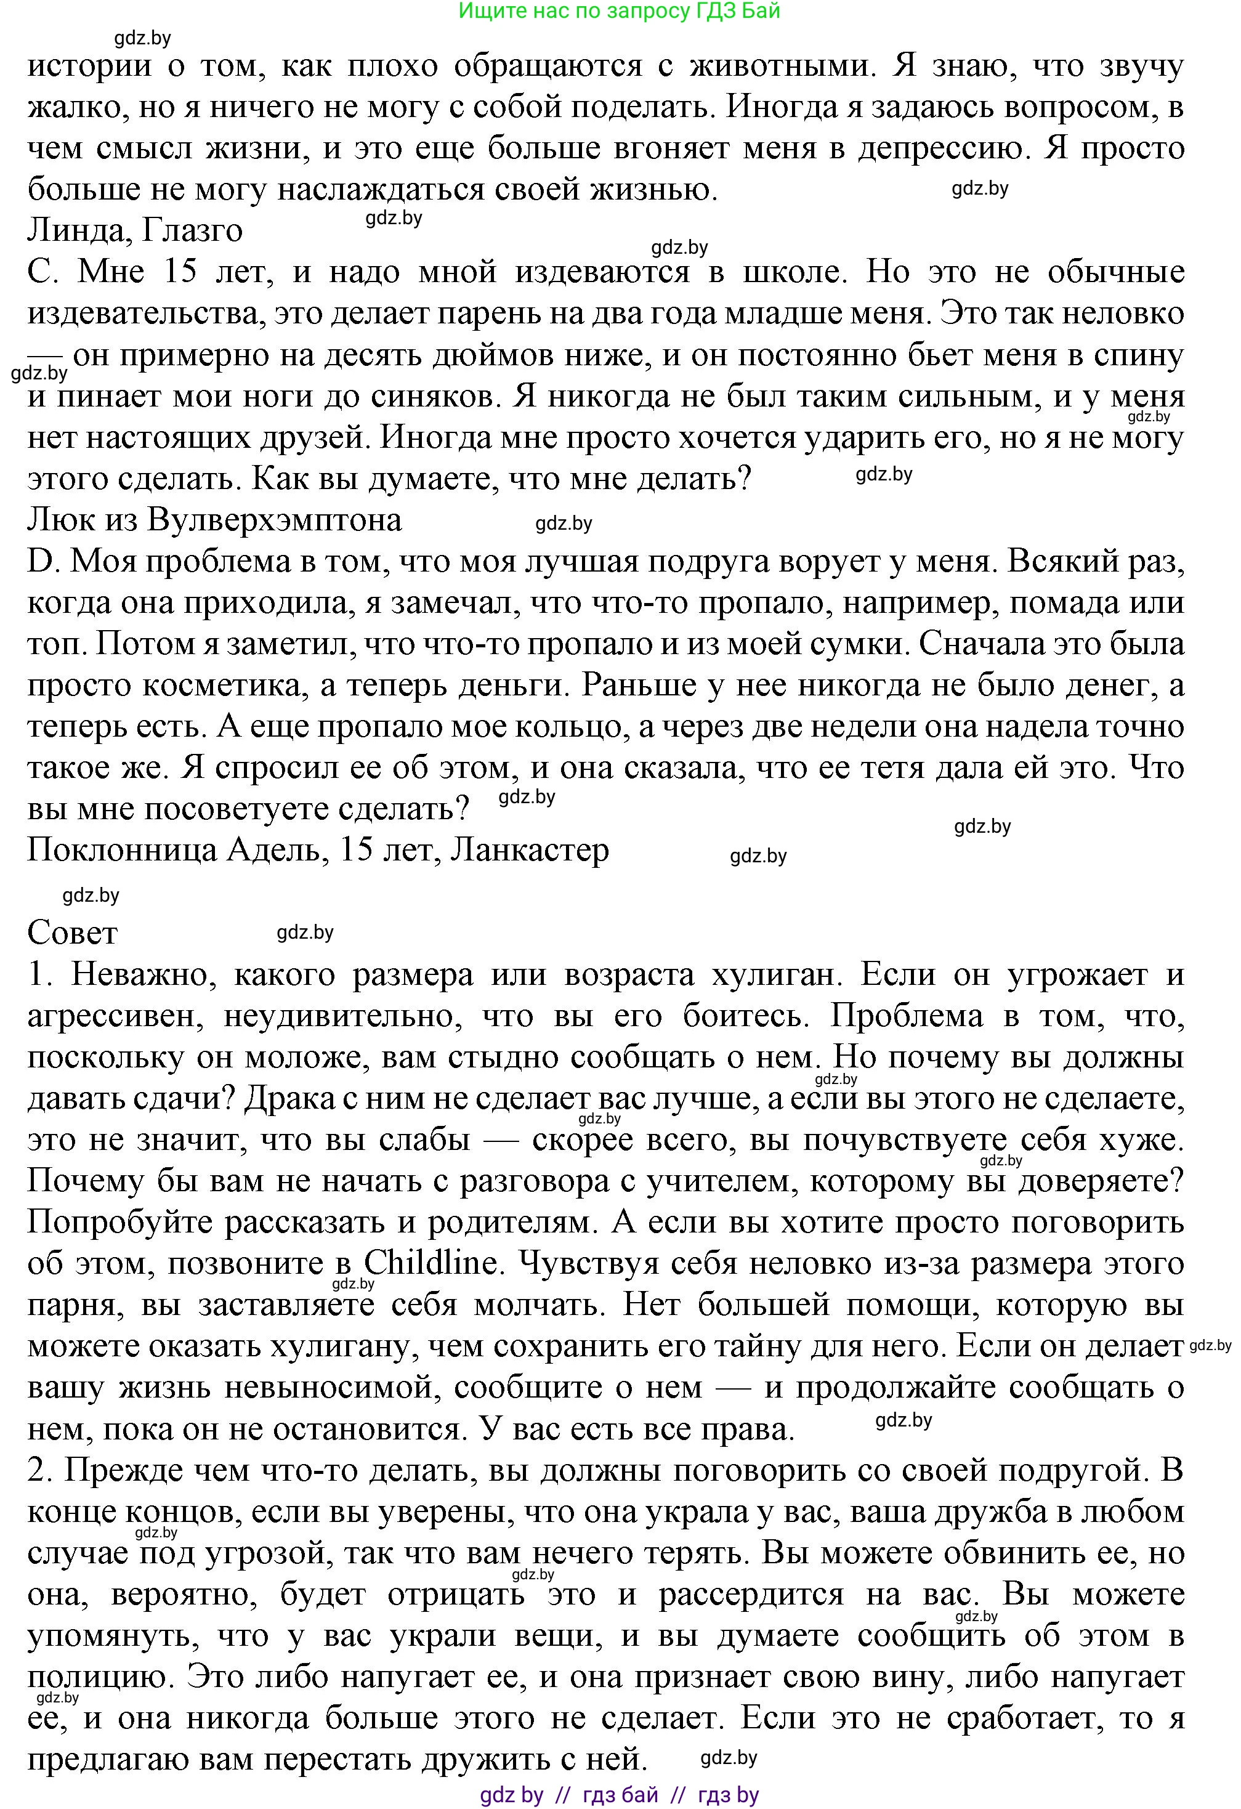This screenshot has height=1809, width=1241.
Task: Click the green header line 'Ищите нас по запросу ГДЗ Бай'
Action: pyautogui.click(x=619, y=11)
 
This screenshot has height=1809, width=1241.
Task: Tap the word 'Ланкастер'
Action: pyautogui.click(x=530, y=850)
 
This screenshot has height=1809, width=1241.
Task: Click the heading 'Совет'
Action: pyautogui.click(x=73, y=933)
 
